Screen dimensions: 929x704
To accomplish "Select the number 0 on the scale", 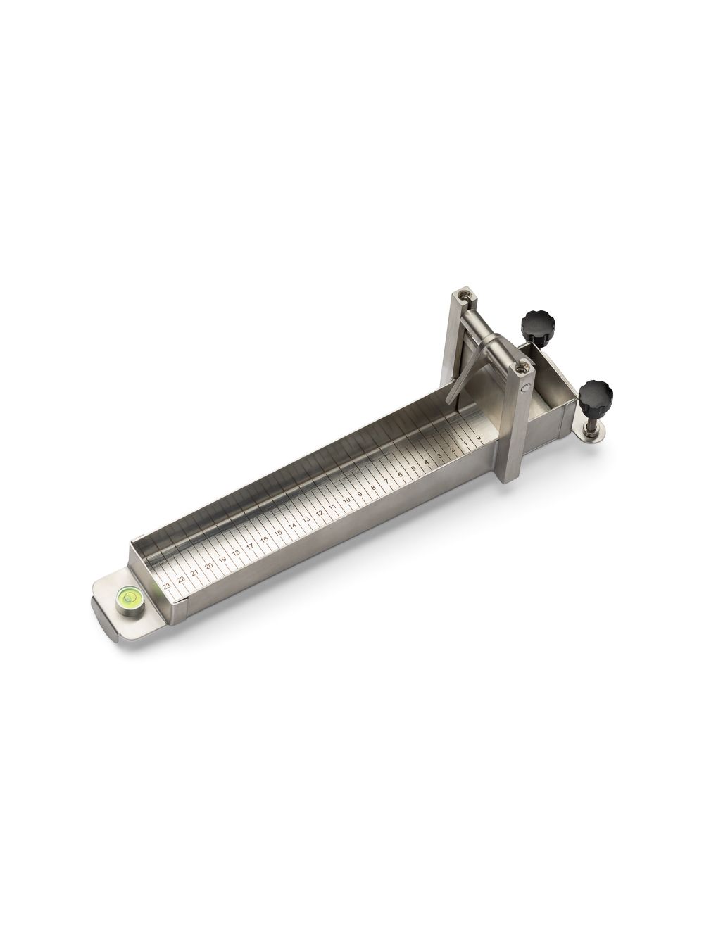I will point(479,438).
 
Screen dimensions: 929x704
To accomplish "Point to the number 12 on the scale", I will point(320,513).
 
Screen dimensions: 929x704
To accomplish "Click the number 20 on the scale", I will point(208,565).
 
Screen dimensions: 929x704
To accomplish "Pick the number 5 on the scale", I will point(413,469).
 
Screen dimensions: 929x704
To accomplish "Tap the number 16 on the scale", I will point(265,539).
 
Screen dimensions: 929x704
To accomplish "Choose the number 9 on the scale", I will point(360,494).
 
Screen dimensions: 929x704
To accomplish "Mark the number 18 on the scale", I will point(237,552).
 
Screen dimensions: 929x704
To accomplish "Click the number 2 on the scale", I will point(453,450).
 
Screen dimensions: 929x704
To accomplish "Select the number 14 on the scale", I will point(292,526).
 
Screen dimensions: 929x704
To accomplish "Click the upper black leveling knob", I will point(534,324).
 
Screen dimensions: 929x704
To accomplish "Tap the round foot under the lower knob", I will point(590,436).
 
